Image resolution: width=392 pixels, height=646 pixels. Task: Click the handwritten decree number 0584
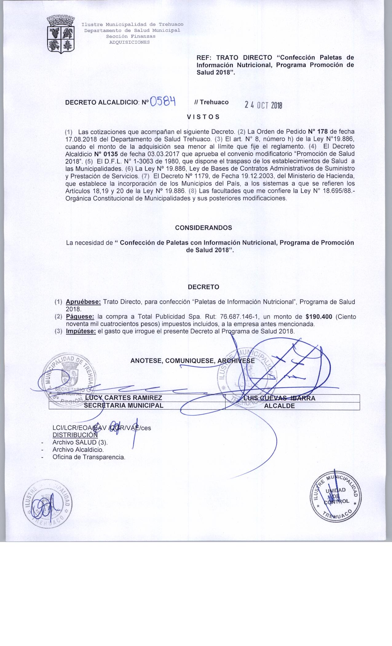[163, 101]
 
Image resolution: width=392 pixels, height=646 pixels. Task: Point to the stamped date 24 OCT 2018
[263, 105]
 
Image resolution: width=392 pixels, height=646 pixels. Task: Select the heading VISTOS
[203, 117]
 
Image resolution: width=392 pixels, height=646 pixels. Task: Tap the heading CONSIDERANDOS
[204, 228]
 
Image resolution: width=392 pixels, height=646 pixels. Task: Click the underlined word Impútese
[81, 332]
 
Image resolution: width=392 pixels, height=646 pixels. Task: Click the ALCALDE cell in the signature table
[279, 406]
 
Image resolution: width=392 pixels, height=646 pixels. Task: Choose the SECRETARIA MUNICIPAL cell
[124, 405]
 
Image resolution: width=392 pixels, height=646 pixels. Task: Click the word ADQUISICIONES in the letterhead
[130, 42]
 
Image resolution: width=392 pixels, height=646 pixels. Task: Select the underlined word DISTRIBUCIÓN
[75, 435]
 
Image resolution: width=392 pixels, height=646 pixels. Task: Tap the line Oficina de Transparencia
[89, 457]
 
